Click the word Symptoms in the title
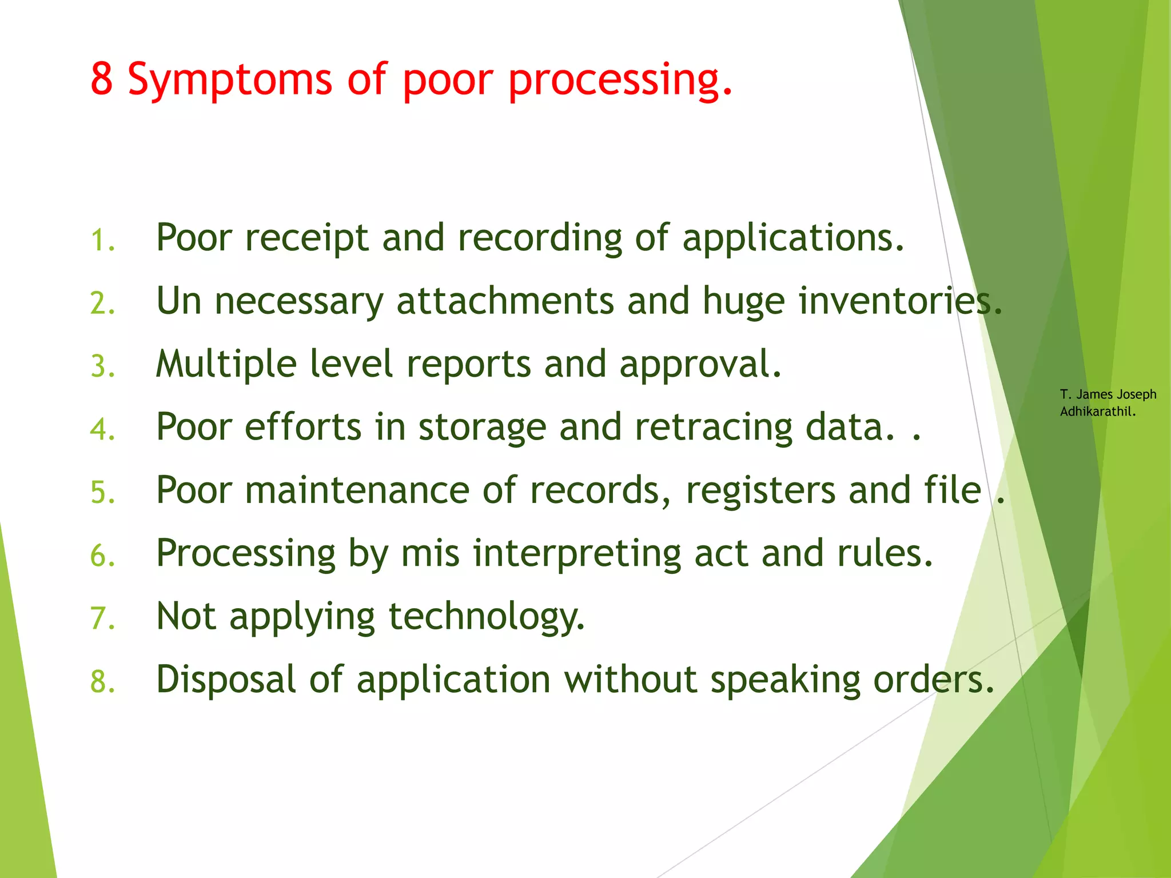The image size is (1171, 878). [229, 80]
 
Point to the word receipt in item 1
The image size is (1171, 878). [306, 238]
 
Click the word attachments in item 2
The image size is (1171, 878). [505, 301]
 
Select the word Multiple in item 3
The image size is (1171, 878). [226, 364]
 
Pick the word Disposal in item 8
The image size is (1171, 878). [226, 680]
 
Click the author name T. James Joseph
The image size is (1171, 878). [1108, 394]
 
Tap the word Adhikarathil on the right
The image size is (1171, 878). [1097, 412]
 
